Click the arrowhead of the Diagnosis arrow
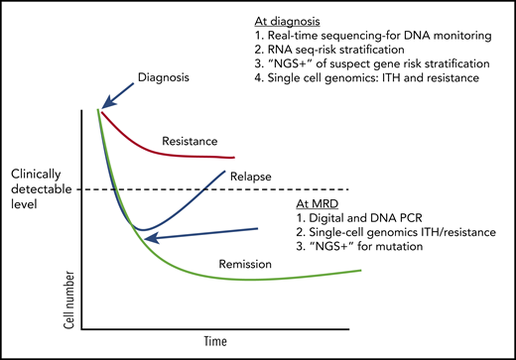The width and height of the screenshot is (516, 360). pos(101,104)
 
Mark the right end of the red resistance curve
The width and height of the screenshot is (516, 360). pos(234,157)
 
